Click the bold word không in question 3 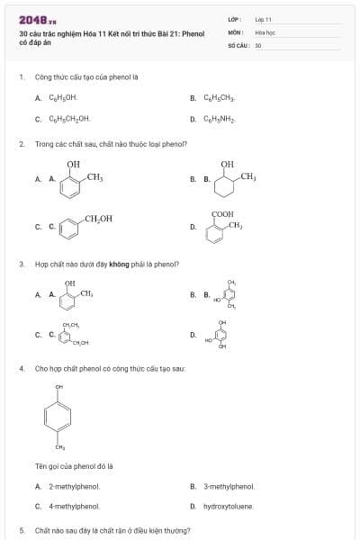click(120, 265)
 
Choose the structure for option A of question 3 click(77, 293)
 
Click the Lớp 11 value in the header click(263, 19)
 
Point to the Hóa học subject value click(265, 31)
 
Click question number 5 click(22, 531)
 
